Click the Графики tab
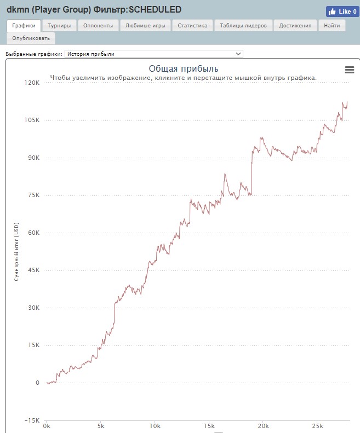pos(24,26)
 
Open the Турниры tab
pos(59,26)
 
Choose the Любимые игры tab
pos(145,26)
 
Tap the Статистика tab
pos(192,26)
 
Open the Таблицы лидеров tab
pos(243,26)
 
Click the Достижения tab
pos(295,26)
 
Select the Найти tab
pos(332,26)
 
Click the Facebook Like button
pos(341,11)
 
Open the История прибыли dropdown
pos(153,54)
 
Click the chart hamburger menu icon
pos(349,69)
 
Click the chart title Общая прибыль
pos(184,68)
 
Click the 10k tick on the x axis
pos(155,426)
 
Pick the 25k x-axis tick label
pos(318,426)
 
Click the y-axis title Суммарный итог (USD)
pos(16,252)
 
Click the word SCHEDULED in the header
pos(155,10)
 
